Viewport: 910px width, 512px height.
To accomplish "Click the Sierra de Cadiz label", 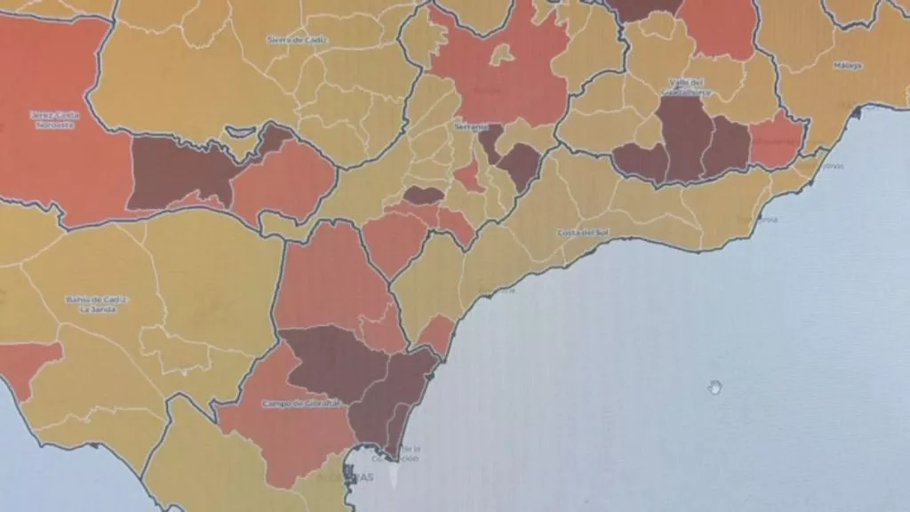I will pos(292,39).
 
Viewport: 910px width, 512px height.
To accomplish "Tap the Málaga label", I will pos(849,66).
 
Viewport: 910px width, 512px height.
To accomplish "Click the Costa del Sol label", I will pos(582,233).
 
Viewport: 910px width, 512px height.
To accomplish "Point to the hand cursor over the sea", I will pos(714,387).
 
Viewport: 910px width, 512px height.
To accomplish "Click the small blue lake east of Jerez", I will pos(241,132).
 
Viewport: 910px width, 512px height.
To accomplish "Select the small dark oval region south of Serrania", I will pos(422,194).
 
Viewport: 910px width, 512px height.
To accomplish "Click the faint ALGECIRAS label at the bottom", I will pos(359,477).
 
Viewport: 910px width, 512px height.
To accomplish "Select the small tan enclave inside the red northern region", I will pos(503,55).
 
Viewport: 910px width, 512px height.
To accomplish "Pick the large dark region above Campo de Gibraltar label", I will pos(333,360).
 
